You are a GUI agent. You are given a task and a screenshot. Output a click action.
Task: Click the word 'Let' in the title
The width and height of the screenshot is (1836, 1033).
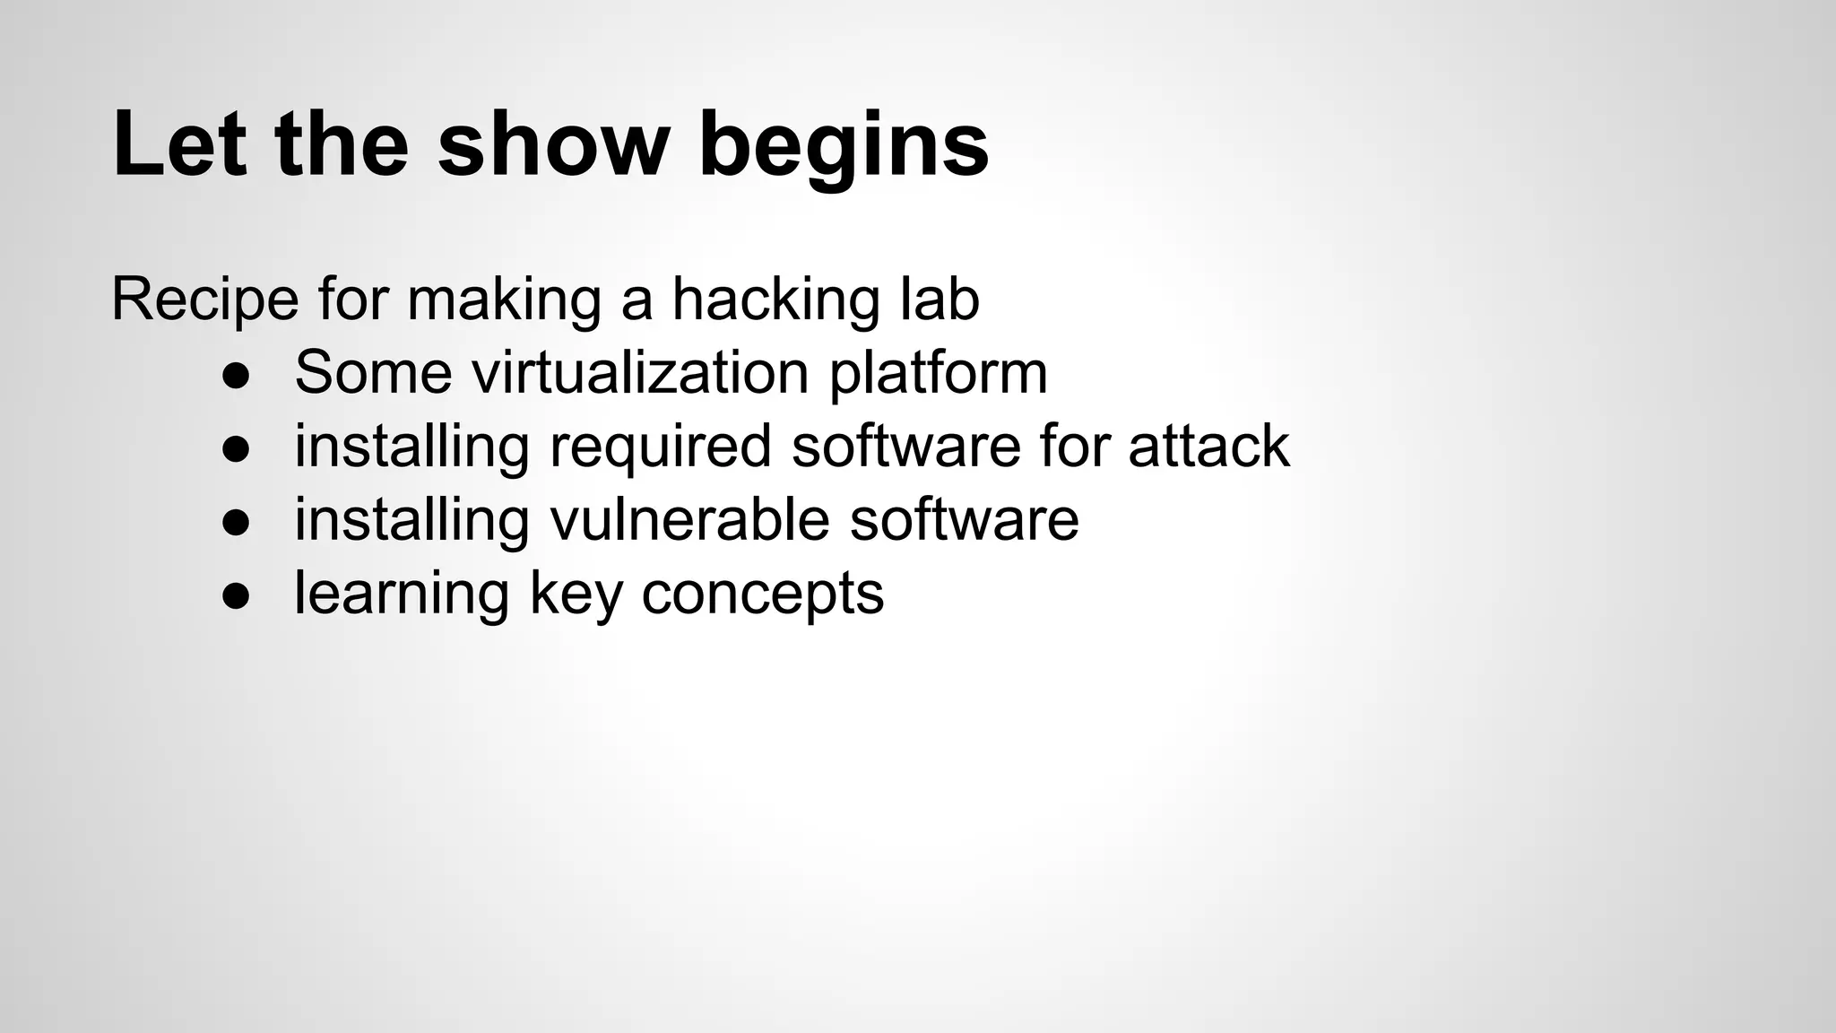179,143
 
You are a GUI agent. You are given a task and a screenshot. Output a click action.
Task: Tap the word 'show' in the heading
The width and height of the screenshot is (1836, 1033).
553,143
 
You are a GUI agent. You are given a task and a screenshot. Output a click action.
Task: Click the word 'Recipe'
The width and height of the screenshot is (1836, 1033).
204,300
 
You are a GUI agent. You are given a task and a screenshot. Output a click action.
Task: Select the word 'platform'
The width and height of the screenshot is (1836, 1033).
938,374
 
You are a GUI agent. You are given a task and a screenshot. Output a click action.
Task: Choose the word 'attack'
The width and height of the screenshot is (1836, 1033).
1208,447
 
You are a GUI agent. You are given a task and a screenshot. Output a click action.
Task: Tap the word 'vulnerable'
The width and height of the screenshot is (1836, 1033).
689,520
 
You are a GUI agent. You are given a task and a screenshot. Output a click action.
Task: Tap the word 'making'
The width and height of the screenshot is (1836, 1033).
504,300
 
